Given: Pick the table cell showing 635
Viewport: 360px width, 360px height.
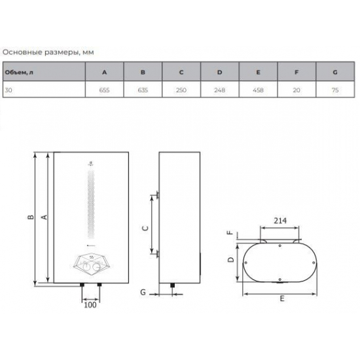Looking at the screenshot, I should coord(143,90).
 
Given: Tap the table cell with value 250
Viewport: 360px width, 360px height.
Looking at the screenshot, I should coord(182,90).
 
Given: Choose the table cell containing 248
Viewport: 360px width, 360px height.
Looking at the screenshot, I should coord(220,90).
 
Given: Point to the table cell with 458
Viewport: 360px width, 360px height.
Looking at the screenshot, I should coord(259,90).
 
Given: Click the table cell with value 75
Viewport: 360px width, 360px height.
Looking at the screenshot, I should coord(335,90).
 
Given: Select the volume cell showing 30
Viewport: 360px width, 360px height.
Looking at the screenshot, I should coord(8,90).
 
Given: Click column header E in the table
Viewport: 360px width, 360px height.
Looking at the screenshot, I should coord(259,71).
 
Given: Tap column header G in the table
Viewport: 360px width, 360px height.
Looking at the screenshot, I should coord(335,71).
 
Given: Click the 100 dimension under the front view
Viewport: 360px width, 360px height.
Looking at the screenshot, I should coord(90,305).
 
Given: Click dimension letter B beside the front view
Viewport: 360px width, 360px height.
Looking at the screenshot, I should coord(31,218).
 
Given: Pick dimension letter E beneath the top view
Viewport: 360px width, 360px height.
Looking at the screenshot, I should coord(279,299).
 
